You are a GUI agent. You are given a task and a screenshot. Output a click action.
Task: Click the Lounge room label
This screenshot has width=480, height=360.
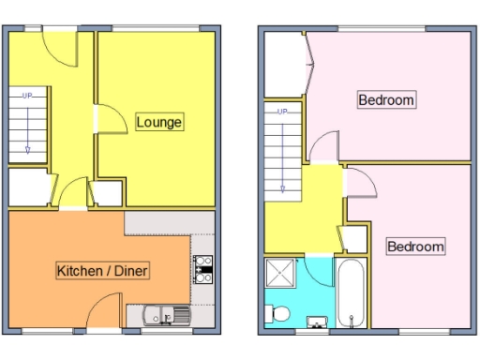(158, 122)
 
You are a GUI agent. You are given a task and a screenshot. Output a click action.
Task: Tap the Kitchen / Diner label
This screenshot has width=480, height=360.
(103, 271)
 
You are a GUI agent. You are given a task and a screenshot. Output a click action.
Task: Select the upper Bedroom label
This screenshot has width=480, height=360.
(385, 100)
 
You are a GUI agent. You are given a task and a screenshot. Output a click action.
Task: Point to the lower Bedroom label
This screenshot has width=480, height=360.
(414, 247)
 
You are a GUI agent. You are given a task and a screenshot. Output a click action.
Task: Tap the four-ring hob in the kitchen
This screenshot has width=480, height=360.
(202, 269)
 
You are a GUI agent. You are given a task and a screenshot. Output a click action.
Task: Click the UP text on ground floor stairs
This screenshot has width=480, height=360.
(27, 95)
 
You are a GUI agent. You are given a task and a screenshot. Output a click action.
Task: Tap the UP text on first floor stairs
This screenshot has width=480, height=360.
(280, 112)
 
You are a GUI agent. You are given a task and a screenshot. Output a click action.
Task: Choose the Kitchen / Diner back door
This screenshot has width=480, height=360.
(104, 310)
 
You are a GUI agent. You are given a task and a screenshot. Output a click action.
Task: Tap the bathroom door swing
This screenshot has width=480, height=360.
(321, 242)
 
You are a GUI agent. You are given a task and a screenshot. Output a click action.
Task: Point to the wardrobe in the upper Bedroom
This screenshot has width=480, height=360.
(286, 64)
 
